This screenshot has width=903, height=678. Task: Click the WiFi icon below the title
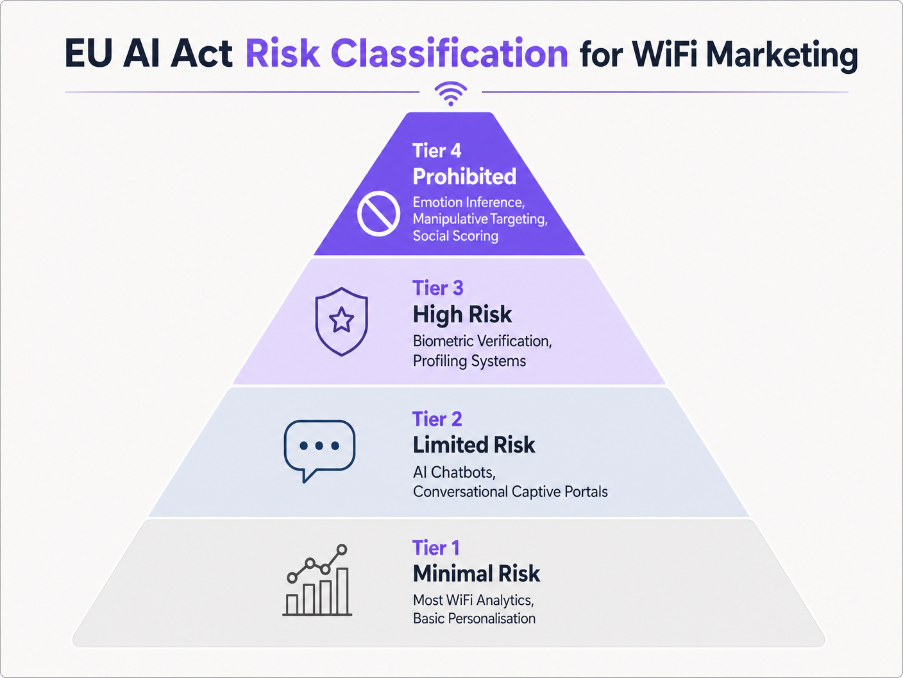[451, 94]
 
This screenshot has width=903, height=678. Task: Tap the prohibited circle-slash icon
[378, 213]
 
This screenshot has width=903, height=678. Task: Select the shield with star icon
[341, 322]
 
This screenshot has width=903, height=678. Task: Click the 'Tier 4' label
[437, 151]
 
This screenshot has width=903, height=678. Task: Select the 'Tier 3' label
[438, 288]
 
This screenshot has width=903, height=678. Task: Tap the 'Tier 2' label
[437, 419]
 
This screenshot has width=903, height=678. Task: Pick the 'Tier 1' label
[436, 548]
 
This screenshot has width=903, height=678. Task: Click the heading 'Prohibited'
[464, 176]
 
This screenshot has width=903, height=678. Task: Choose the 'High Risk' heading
[462, 315]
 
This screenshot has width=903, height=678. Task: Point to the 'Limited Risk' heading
[474, 444]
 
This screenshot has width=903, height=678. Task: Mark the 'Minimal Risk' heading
[477, 573]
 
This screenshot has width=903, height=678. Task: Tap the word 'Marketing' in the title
[782, 56]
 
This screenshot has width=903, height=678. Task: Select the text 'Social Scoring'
[455, 236]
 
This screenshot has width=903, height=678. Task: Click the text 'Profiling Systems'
[469, 361]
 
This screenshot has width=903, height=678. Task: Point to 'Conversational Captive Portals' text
[510, 492]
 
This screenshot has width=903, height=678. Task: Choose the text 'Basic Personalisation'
[475, 618]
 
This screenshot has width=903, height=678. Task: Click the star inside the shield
[341, 320]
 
